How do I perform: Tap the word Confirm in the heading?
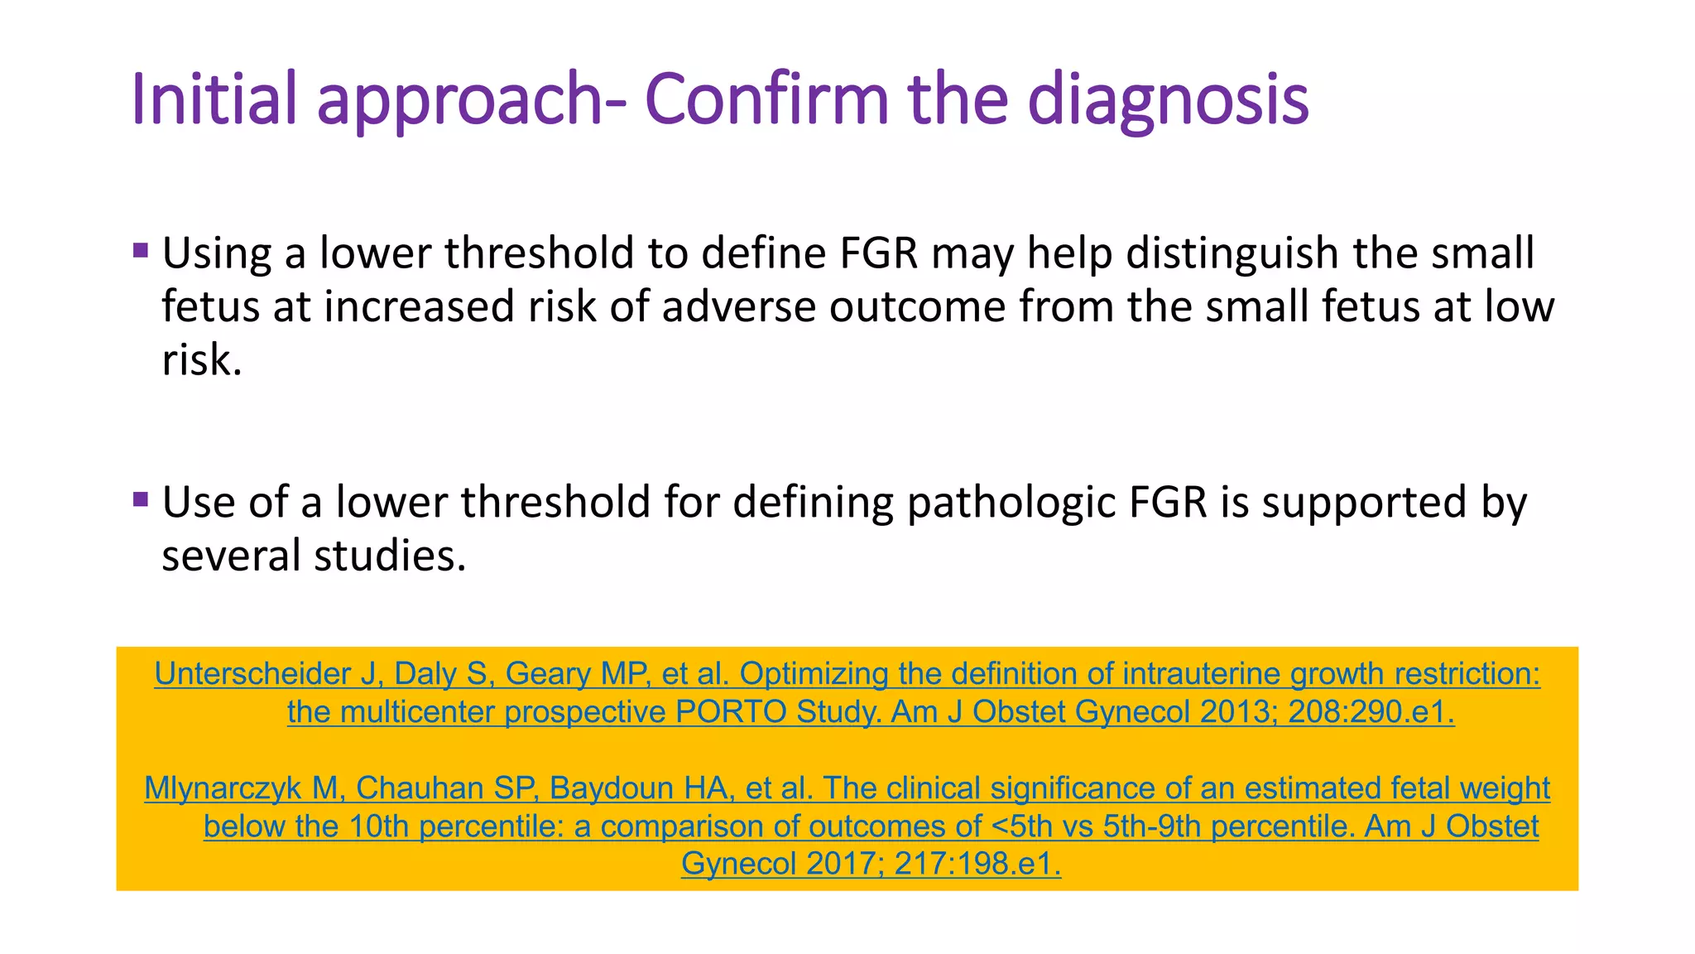pos(766,99)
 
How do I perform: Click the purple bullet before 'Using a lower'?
pos(141,250)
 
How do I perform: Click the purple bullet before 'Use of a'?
pos(141,499)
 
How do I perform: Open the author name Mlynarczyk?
pos(223,788)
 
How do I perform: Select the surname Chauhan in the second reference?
pos(408,788)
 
